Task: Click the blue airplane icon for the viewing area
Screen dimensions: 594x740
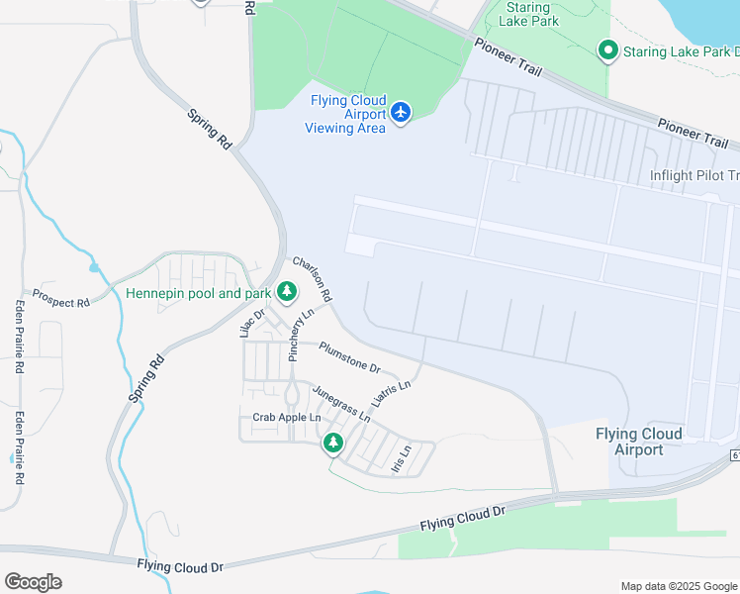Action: point(400,113)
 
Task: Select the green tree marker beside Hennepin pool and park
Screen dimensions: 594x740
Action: point(287,292)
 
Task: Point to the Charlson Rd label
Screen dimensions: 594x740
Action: point(312,280)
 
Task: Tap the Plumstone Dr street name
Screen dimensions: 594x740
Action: point(349,356)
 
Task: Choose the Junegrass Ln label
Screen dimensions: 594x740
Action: point(341,403)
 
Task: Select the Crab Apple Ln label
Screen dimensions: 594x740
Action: point(287,418)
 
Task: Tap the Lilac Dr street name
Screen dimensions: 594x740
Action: point(252,323)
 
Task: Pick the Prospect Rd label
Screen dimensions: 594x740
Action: point(60,298)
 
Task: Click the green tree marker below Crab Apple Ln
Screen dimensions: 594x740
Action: point(333,443)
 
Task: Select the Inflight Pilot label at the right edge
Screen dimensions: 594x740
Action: point(694,176)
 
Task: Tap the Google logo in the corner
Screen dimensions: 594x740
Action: point(33,582)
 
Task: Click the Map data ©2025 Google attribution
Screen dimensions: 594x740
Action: point(678,586)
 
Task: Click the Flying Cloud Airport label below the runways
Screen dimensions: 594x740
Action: point(639,442)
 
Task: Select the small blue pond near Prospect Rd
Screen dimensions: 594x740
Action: point(94,267)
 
